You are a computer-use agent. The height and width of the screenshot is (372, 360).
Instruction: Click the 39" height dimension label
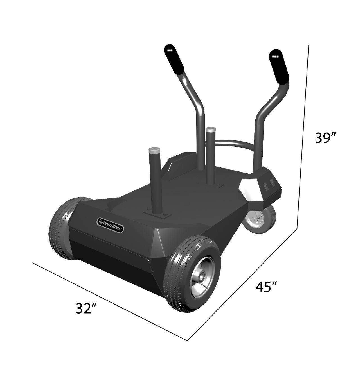(325, 138)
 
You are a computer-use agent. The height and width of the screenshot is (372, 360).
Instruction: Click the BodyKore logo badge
(110, 222)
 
